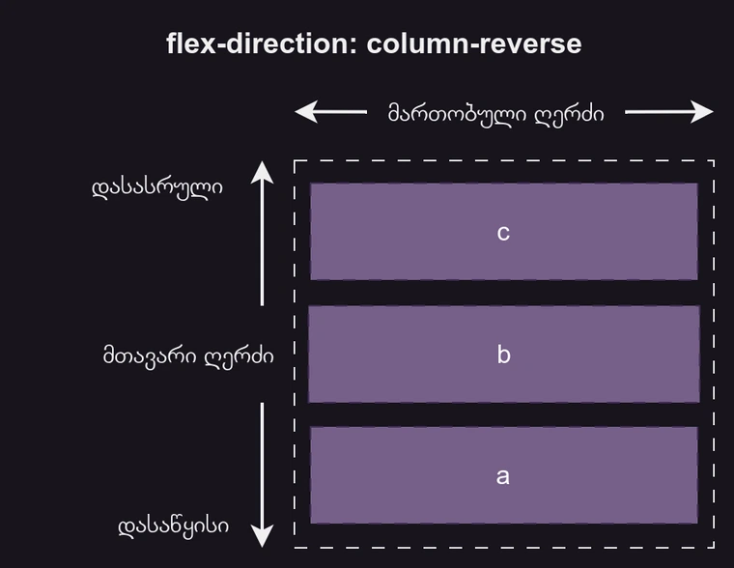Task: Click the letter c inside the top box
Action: coord(503,233)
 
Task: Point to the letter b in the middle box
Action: coord(503,355)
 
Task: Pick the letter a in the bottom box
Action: coord(503,476)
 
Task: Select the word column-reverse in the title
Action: coord(474,43)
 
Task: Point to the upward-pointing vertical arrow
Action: coord(262,232)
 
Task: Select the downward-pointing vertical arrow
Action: coord(262,473)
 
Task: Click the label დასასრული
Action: coord(157,186)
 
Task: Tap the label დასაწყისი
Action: coord(174,525)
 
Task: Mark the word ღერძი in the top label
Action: coord(569,114)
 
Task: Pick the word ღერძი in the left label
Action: coord(240,355)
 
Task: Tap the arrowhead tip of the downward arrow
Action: coord(262,545)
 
